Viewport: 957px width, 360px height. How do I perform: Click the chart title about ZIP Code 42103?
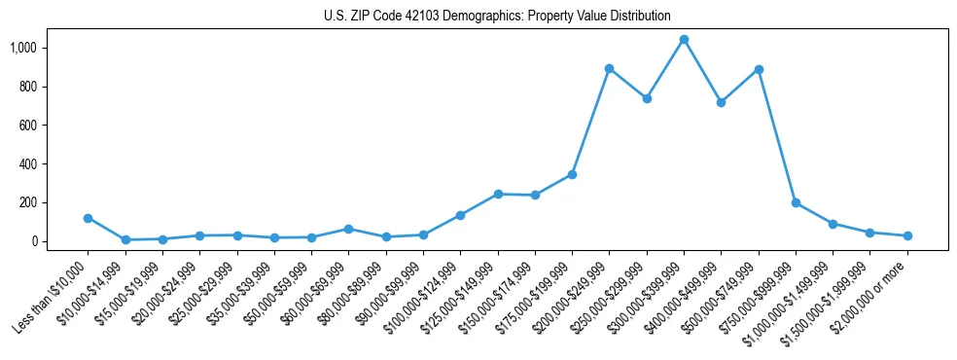pyautogui.click(x=497, y=16)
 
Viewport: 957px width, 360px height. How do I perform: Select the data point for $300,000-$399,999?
pyautogui.click(x=684, y=40)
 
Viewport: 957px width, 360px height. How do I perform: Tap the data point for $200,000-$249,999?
pyautogui.click(x=609, y=69)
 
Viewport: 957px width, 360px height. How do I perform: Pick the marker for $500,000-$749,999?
pyautogui.click(x=759, y=70)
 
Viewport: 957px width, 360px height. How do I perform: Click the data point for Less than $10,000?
pyautogui.click(x=88, y=218)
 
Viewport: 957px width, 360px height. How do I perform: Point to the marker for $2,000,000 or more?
pyautogui.click(x=907, y=235)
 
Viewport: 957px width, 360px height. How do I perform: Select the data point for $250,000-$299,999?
pyautogui.click(x=647, y=98)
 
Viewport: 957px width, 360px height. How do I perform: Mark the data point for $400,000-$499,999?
pyautogui.click(x=721, y=102)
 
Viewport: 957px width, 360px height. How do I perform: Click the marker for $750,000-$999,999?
pyautogui.click(x=796, y=203)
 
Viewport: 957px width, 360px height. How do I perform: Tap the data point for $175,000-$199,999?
pyautogui.click(x=572, y=174)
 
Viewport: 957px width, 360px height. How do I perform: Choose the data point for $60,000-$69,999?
pyautogui.click(x=348, y=229)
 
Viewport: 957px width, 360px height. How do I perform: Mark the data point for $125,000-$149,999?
pyautogui.click(x=498, y=194)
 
